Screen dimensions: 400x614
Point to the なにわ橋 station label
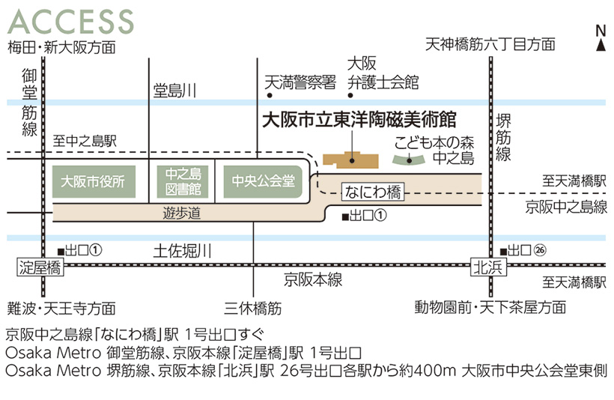point(372,193)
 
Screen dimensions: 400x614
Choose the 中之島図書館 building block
point(183,181)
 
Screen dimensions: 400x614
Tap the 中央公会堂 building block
point(263,181)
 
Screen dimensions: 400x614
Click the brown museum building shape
point(349,161)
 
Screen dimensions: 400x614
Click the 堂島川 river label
point(175,91)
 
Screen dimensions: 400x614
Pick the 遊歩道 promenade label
point(183,213)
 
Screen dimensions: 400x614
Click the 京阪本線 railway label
point(313,279)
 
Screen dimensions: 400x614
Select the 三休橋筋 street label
point(253,307)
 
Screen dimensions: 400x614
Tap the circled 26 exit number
point(541,249)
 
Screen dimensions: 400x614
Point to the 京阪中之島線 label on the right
point(565,207)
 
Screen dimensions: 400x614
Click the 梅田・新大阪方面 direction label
point(61,47)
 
